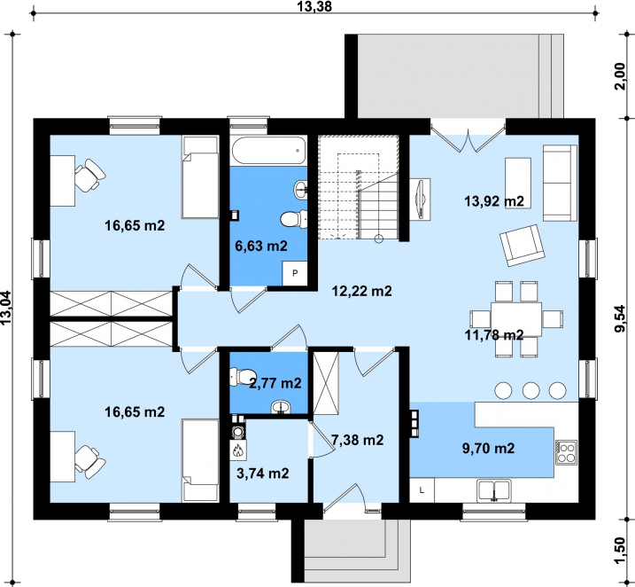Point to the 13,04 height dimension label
click(6, 308)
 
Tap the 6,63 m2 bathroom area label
click(261, 246)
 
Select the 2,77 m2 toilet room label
click(275, 383)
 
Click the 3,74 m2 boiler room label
click(262, 474)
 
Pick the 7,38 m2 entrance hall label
click(357, 440)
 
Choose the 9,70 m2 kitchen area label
click(488, 449)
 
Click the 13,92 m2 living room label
click(494, 201)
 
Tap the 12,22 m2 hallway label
click(361, 291)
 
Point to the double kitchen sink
click(493, 491)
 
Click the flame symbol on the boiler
click(237, 450)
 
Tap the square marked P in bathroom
click(295, 273)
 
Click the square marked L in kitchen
click(422, 490)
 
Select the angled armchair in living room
click(522, 245)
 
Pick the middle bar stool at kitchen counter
click(530, 390)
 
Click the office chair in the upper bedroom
click(89, 176)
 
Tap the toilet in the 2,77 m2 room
click(242, 376)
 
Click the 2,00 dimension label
click(620, 76)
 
